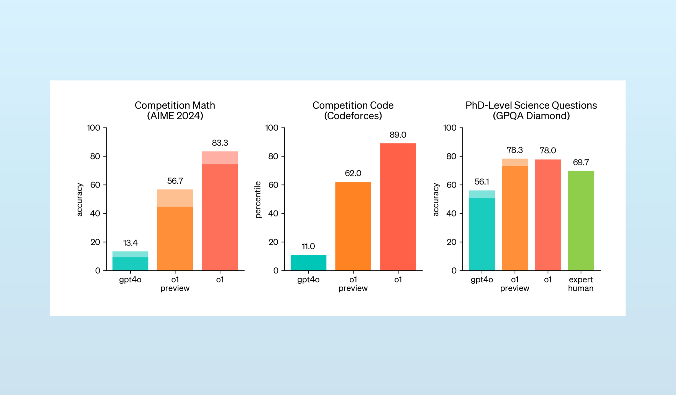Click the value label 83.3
220,143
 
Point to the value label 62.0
353,173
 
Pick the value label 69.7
581,162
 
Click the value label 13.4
130,243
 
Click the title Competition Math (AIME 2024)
175,110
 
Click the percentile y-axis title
258,199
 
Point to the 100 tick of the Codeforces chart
272,128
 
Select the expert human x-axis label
581,284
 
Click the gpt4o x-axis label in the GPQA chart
482,280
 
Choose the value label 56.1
482,182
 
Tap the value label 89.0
398,135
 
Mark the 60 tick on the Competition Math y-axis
95,185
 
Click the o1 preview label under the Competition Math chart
175,284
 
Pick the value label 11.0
308,246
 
